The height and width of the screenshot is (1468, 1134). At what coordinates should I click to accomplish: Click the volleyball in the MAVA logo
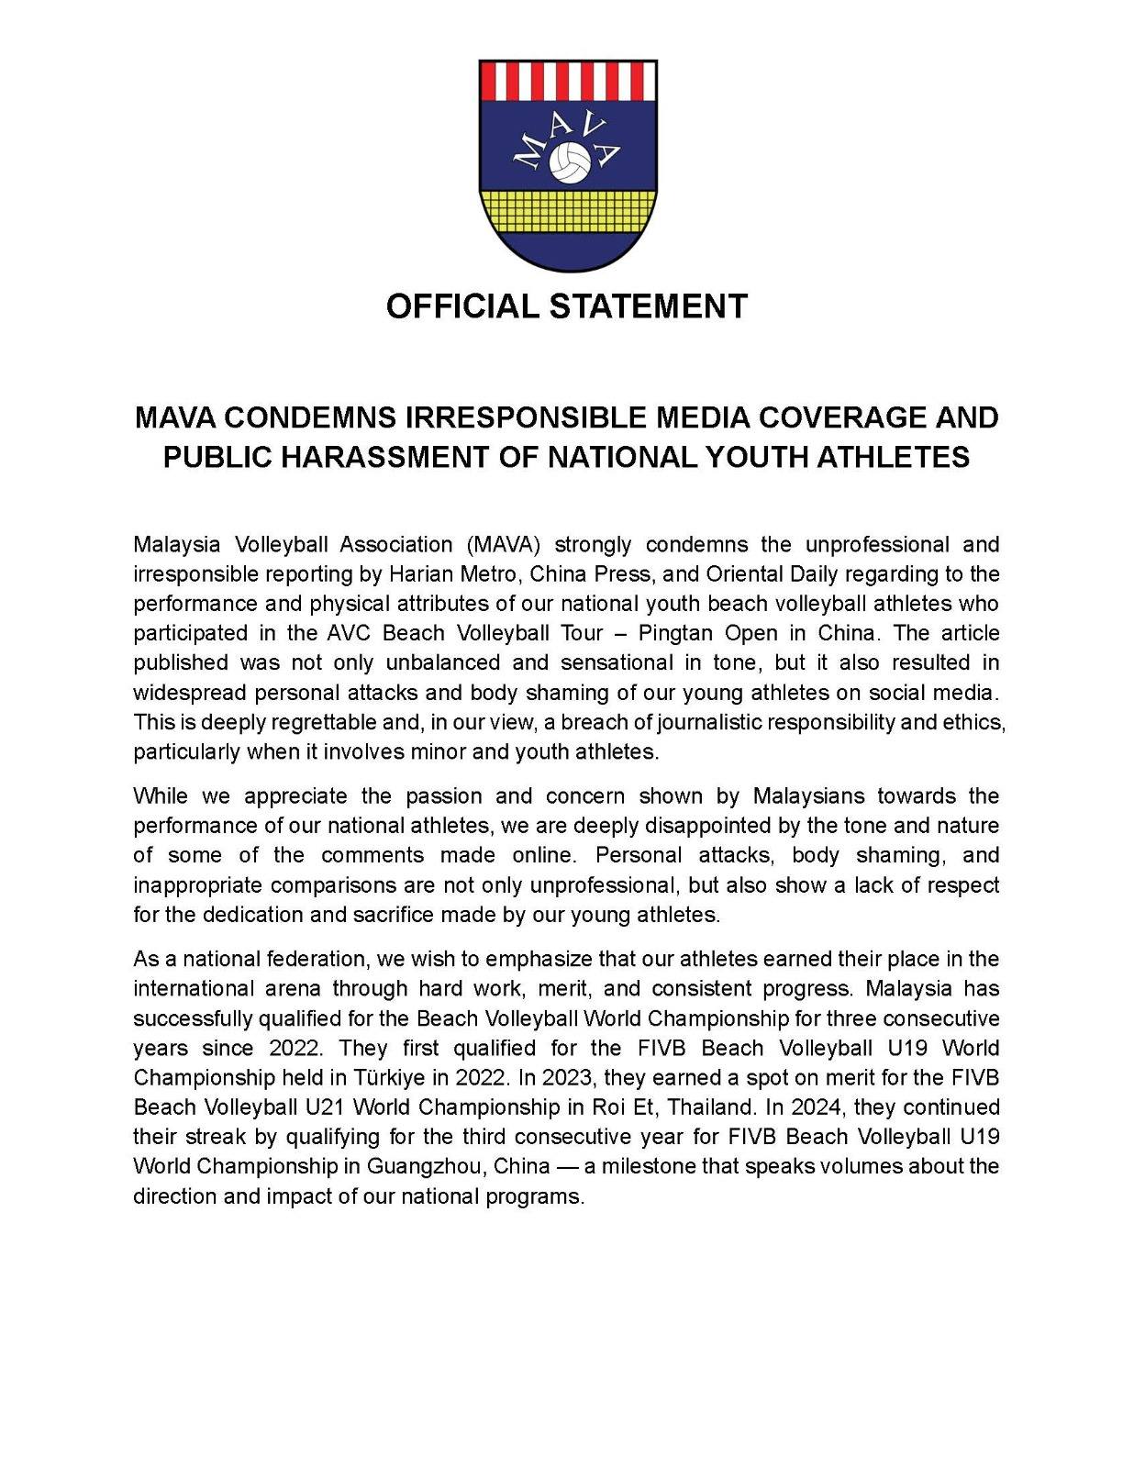click(x=568, y=161)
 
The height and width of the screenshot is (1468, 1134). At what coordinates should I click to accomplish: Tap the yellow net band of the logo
click(x=567, y=212)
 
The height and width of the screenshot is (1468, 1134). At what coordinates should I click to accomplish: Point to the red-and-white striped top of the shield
click(x=567, y=80)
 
